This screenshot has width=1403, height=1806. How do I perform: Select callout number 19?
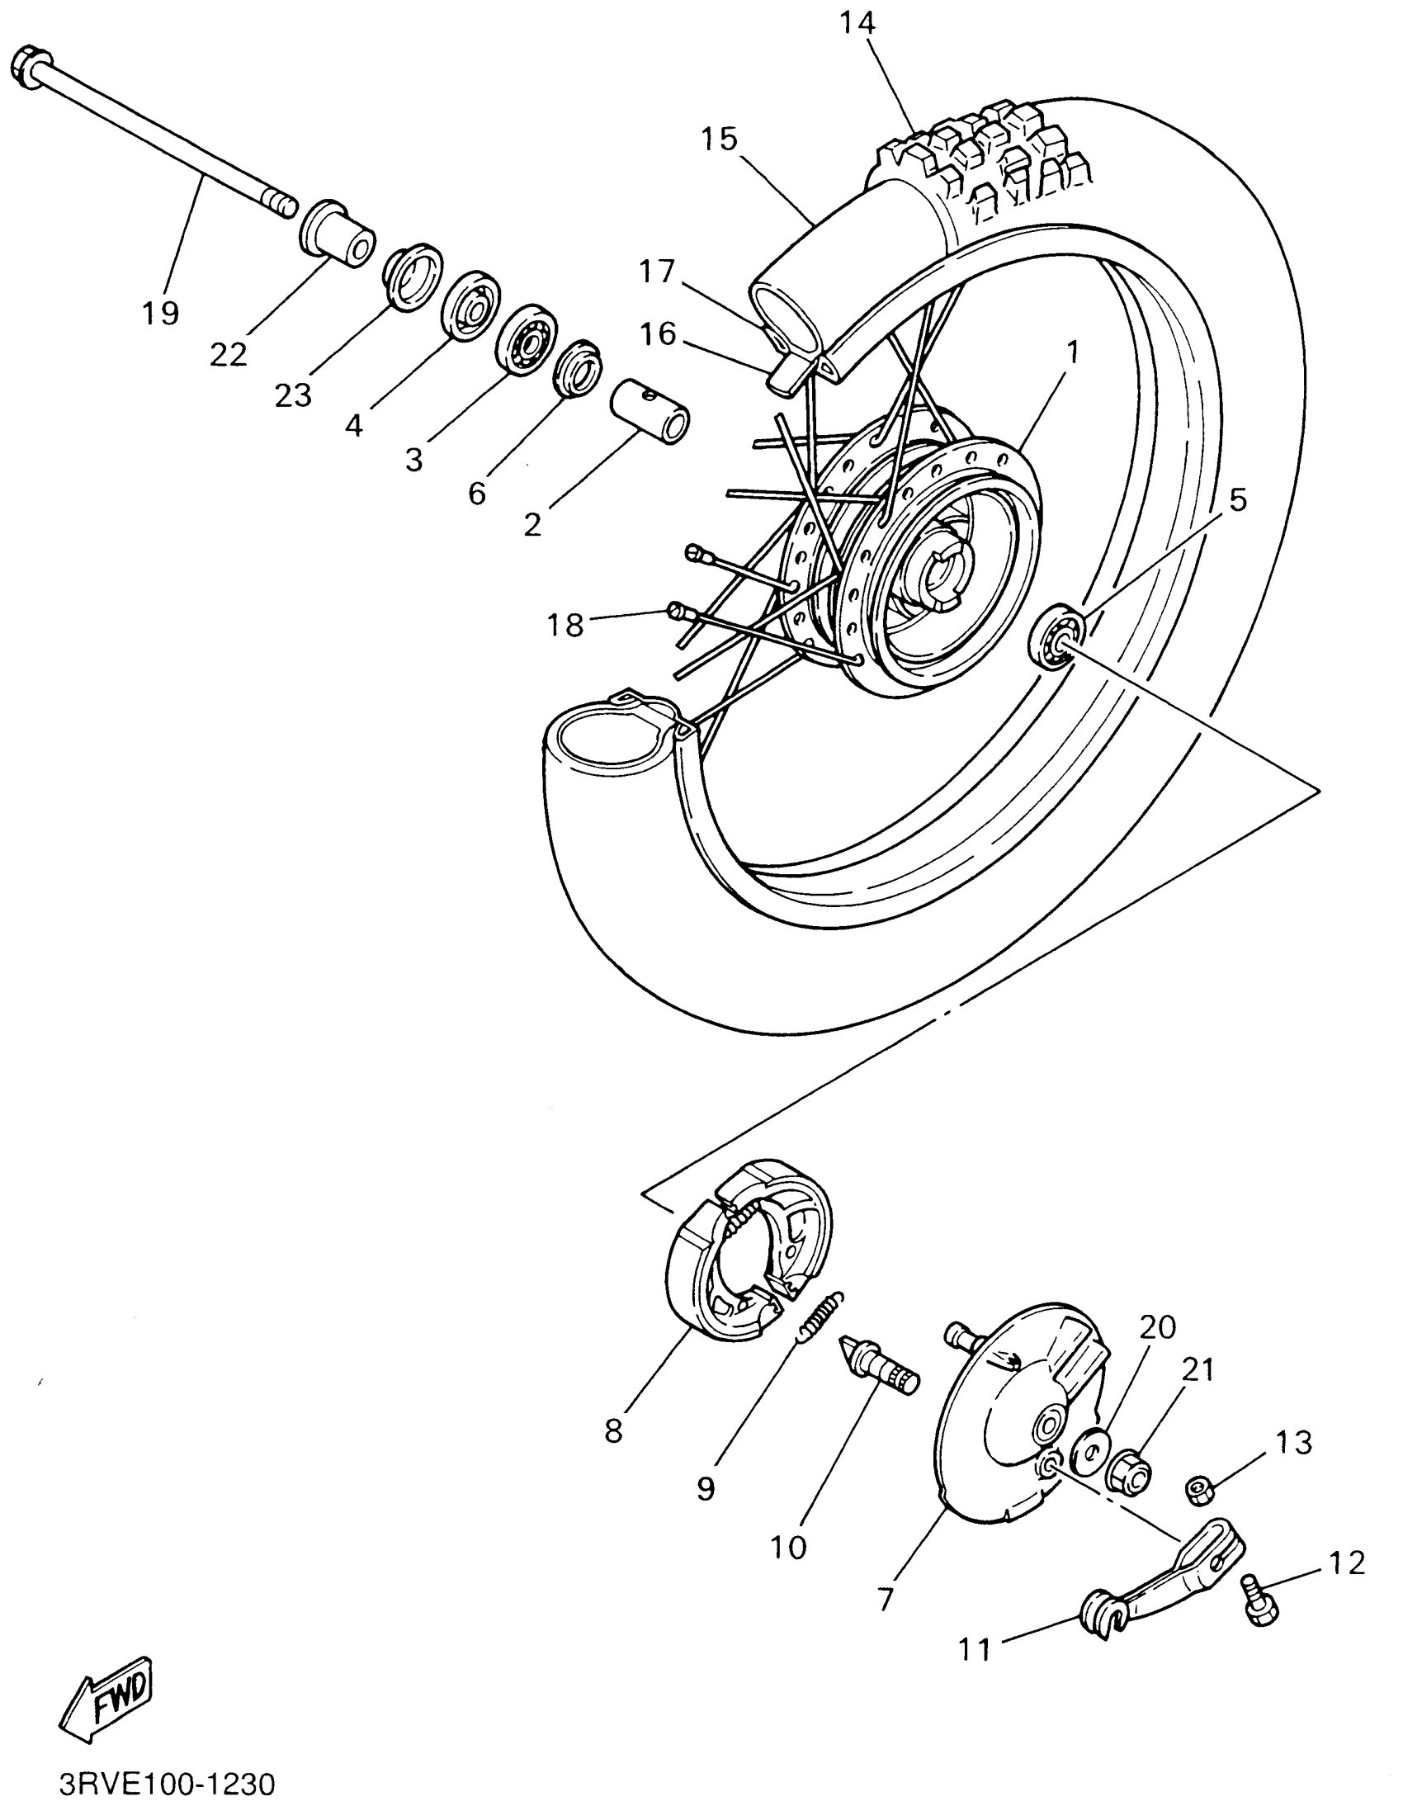point(159,313)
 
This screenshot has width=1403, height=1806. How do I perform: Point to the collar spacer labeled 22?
point(338,233)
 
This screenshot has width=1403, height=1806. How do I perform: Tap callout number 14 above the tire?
point(857,24)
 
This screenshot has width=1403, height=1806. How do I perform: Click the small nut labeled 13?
point(1198,1489)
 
